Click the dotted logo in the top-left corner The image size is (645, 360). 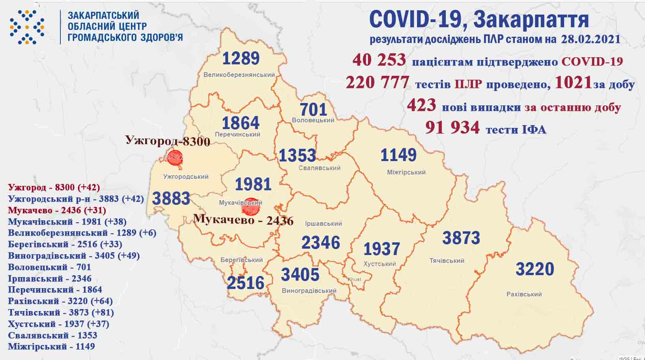coord(27,27)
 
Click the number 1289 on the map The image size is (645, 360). coord(241,58)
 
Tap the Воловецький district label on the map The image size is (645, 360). coord(313,120)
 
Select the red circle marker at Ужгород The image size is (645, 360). coord(174,157)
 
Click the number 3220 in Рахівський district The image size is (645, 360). coord(535,269)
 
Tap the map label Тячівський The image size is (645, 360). coord(447,261)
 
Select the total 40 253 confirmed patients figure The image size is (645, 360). coord(379,60)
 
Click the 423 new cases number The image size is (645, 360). coord(421,106)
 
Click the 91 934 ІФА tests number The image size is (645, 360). coord(452,127)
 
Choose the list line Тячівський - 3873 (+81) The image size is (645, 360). coord(61,313)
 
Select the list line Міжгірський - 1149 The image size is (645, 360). coord(51,347)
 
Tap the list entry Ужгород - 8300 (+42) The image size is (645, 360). coord(54,187)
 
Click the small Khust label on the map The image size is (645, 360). coord(354,279)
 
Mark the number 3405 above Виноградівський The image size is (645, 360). coord(300,274)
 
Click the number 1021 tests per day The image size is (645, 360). coord(573,83)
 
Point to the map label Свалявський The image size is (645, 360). coord(319,168)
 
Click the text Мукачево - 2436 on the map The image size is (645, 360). coord(244,219)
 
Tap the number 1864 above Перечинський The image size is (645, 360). coord(241,123)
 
